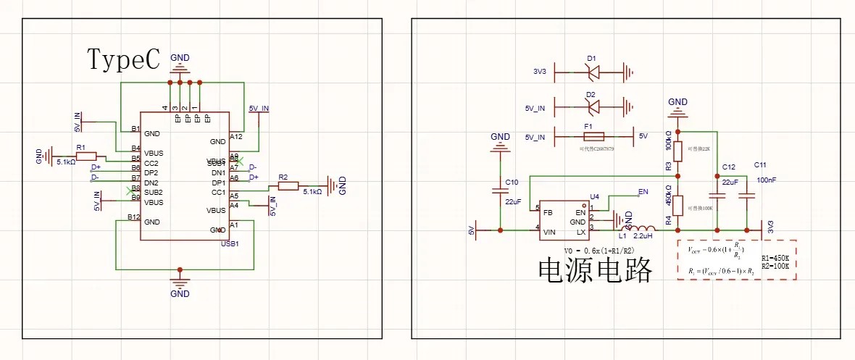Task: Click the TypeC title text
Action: click(x=123, y=59)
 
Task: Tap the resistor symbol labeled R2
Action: click(x=288, y=186)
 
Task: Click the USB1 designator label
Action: click(x=230, y=243)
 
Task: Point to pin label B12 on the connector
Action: click(x=133, y=217)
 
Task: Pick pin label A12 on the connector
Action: click(x=236, y=136)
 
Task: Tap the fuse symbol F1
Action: click(x=594, y=136)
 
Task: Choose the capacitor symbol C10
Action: click(x=500, y=191)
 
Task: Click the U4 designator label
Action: click(x=595, y=197)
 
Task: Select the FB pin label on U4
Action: click(x=549, y=212)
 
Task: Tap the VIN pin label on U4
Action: click(x=549, y=233)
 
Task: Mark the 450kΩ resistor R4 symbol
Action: click(x=677, y=205)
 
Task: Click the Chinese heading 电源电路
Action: click(x=595, y=269)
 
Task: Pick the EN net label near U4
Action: click(x=642, y=193)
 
